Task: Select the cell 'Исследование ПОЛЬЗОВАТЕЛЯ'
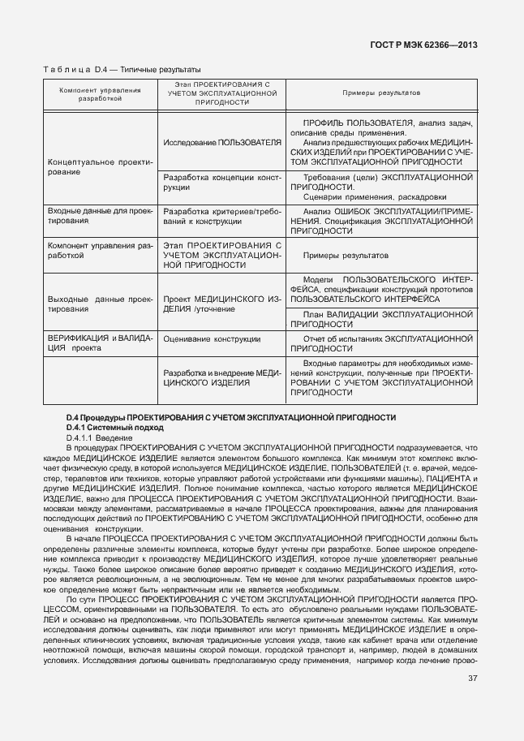(222, 142)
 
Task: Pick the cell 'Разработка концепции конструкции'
(222, 182)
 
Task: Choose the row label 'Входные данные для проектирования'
(99, 214)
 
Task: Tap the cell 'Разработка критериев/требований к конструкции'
(222, 214)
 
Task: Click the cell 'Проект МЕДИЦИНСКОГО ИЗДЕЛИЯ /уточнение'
(222, 304)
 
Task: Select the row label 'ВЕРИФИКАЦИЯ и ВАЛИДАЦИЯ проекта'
(99, 342)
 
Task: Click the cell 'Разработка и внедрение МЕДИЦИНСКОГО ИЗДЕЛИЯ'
(222, 377)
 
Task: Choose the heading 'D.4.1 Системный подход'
(114, 427)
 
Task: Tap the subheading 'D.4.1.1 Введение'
(100, 437)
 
